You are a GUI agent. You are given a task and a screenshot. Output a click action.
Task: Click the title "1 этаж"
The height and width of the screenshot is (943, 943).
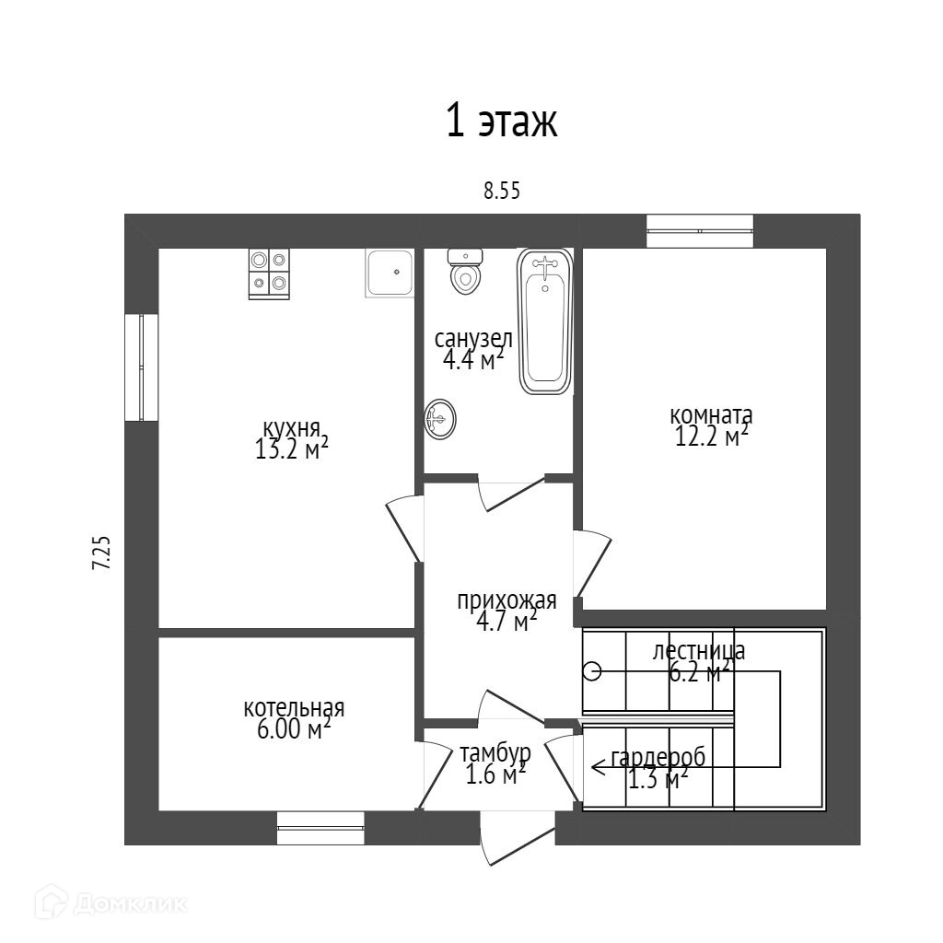(x=502, y=122)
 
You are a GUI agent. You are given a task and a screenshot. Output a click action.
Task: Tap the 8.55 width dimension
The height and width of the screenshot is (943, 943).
(x=502, y=191)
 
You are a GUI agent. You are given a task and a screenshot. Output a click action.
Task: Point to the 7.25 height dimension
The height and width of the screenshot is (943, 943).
(x=101, y=553)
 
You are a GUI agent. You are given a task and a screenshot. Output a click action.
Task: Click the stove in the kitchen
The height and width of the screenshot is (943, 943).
(x=269, y=274)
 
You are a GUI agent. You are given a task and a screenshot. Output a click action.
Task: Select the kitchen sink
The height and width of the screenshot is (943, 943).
(x=390, y=273)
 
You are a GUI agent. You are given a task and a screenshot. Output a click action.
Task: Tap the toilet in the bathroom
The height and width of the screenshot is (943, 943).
(x=465, y=271)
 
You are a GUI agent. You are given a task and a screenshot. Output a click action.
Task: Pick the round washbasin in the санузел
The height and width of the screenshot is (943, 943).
(x=440, y=421)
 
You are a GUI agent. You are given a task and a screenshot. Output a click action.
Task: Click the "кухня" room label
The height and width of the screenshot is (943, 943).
(x=292, y=428)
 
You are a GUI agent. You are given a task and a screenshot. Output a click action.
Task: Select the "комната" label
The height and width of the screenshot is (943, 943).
(x=711, y=413)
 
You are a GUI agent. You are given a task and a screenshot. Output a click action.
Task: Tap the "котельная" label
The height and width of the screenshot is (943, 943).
(x=294, y=708)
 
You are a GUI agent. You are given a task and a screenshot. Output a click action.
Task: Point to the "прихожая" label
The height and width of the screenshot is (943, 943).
(x=506, y=601)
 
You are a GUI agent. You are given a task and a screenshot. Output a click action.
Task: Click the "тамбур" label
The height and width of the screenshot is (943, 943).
(x=495, y=753)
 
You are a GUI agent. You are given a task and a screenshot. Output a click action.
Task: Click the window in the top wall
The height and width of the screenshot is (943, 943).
(x=700, y=230)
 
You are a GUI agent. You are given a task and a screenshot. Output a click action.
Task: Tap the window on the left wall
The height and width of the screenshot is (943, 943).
(x=141, y=367)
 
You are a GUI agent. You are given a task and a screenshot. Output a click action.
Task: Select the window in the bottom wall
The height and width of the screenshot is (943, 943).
(x=320, y=828)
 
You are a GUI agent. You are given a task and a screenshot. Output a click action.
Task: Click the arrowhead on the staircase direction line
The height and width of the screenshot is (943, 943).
(x=598, y=765)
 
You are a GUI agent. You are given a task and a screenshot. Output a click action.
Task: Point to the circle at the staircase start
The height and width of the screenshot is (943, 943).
(x=592, y=671)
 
